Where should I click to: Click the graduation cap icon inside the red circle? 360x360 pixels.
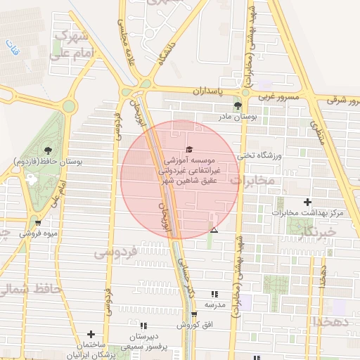[188, 149]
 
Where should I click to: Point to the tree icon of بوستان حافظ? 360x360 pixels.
[47, 150]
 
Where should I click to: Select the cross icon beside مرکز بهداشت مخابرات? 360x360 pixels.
[307, 202]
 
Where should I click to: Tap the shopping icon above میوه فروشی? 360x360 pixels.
[38, 224]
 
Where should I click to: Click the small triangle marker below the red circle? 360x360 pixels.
[214, 231]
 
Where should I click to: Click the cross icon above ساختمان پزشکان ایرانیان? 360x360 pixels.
[91, 334]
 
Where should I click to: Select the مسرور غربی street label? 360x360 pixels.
[279, 95]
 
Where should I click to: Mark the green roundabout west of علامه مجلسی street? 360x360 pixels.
[68, 106]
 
